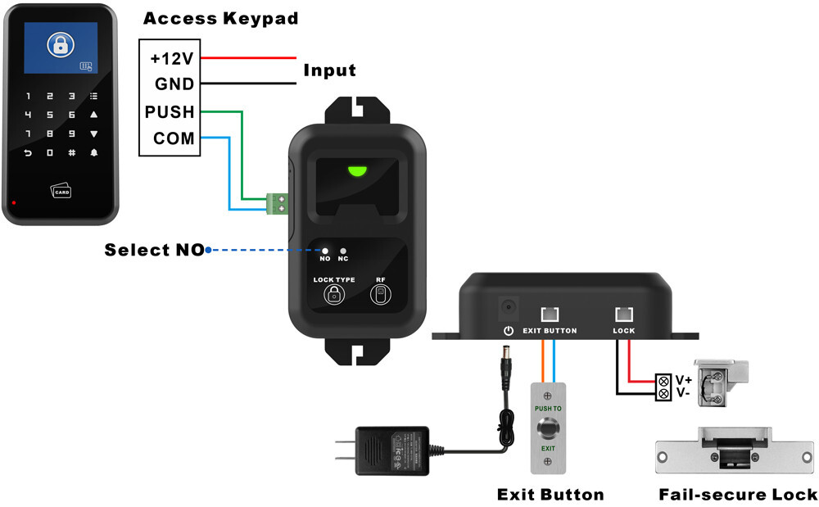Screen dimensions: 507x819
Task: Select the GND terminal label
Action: (x=174, y=84)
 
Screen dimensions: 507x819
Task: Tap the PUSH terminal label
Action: (x=170, y=111)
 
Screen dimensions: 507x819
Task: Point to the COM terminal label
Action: (x=174, y=138)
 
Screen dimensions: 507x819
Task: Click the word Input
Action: (x=330, y=70)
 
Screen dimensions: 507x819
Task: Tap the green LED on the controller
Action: (x=357, y=171)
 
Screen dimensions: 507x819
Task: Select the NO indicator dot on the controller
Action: (x=325, y=251)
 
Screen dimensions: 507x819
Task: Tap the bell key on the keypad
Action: (x=93, y=152)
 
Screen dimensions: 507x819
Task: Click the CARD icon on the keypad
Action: (x=62, y=192)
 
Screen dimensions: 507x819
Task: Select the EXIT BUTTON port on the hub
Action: (x=550, y=314)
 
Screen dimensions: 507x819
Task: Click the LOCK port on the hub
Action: (x=624, y=314)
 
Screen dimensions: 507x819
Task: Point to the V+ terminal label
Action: (x=684, y=380)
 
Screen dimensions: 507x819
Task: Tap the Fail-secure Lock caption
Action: (x=738, y=494)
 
